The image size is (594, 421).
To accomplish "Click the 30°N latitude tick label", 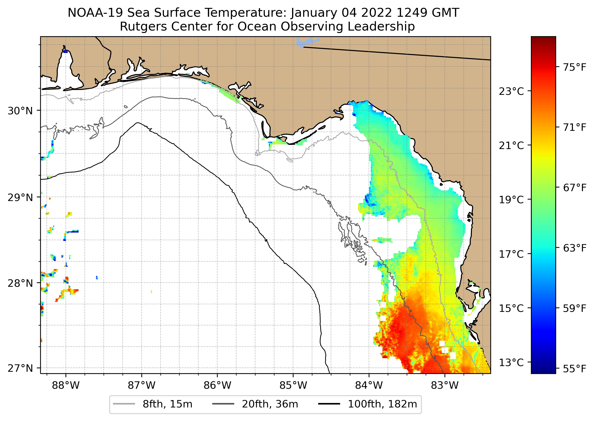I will coord(20,111).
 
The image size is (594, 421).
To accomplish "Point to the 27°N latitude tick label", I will coord(20,368).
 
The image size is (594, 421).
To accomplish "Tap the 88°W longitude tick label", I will coord(66,386).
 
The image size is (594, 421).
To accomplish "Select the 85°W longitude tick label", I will coord(293,386).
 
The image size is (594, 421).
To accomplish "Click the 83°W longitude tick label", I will coord(445,386).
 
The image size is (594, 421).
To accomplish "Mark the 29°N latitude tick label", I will coord(20,198).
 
